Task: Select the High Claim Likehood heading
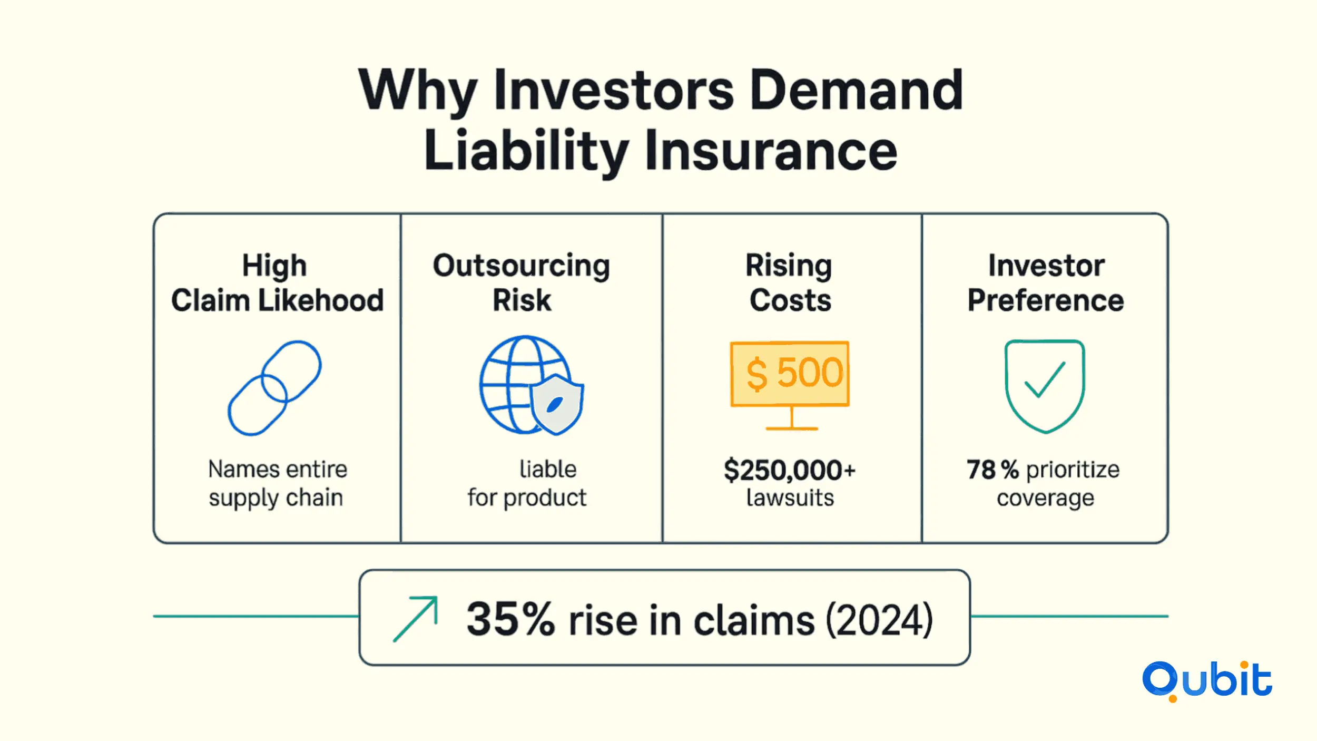277,283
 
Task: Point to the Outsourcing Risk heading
522,283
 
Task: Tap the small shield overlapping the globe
556,405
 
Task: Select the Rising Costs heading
790,283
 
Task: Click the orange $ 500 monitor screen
790,374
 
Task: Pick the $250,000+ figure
790,470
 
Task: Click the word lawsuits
790,498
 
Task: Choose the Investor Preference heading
1046,283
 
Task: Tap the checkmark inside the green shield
1045,379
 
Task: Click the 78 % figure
993,470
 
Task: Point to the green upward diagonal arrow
416,619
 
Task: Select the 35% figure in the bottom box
510,619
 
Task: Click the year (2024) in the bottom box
879,620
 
